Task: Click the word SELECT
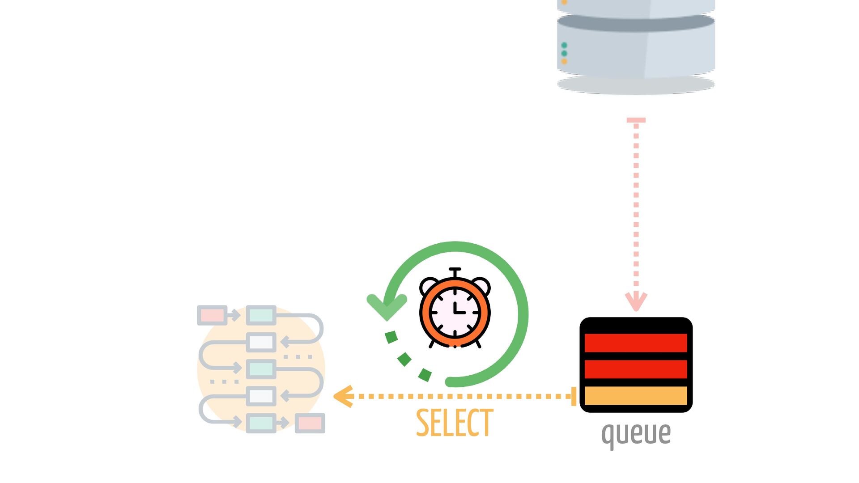455,423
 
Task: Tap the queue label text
636,433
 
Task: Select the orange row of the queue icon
636,396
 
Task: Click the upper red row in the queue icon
636,343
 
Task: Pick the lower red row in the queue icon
636,369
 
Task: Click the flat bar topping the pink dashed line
636,120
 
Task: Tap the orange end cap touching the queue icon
574,396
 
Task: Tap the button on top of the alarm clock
455,270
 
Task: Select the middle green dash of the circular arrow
404,359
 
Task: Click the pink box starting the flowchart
212,315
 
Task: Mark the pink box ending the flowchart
310,423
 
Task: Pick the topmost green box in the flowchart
261,315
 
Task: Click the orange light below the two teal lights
564,61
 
